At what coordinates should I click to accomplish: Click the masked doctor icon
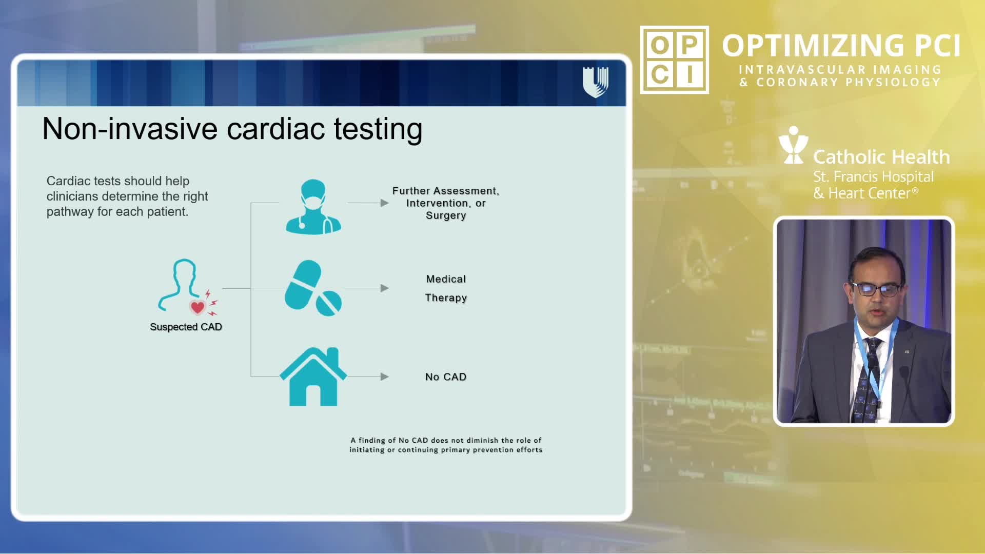[313, 206]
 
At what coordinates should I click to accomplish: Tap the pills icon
[313, 288]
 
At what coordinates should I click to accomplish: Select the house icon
[313, 377]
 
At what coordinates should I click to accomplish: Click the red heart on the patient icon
[198, 307]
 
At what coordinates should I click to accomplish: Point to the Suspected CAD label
[186, 327]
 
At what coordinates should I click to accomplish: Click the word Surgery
[446, 215]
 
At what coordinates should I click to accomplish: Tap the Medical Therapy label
[446, 288]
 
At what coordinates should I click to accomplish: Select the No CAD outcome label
[446, 377]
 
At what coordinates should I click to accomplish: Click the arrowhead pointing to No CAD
[385, 377]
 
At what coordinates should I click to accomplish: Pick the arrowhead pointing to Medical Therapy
[385, 288]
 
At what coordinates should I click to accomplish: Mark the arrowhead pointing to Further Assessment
[385, 203]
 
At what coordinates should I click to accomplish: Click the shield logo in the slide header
[596, 82]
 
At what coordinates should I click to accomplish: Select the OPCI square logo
[675, 60]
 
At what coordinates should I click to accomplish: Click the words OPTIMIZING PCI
[841, 46]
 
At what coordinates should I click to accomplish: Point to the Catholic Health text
[881, 157]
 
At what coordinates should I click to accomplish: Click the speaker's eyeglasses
[876, 289]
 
